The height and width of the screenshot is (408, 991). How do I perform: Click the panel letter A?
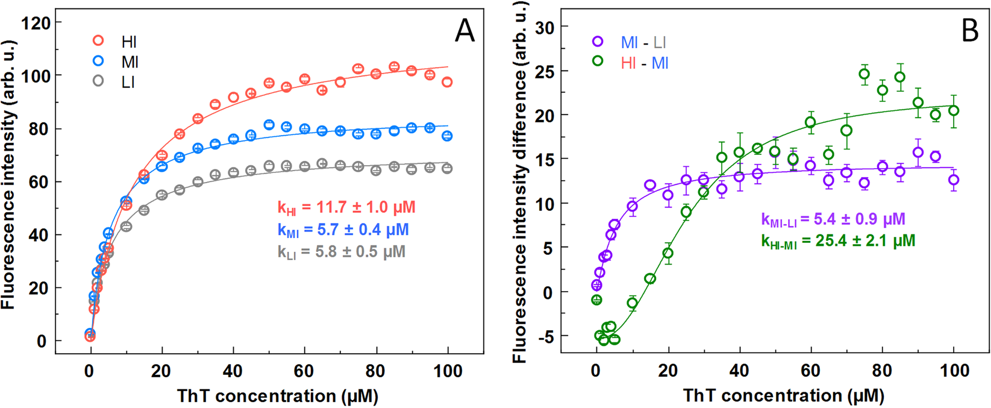pos(464,31)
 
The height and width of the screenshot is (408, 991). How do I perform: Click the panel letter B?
pos(969,31)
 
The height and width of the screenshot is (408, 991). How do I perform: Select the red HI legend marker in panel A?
pos(98,40)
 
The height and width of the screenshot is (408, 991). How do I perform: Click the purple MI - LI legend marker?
pos(598,42)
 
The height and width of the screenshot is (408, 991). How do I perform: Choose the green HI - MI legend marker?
pos(598,61)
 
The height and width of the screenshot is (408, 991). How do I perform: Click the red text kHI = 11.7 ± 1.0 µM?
pos(346,208)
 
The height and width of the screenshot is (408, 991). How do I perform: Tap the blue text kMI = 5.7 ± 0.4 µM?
pos(343,230)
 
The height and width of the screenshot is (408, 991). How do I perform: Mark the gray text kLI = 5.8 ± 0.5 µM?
pos(341,251)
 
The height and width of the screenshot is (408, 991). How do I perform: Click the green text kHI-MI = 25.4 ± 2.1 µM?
pos(838,241)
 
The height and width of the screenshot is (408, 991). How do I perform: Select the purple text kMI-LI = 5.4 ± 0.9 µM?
pos(833,220)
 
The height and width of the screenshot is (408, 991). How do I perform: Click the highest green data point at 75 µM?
pos(864,75)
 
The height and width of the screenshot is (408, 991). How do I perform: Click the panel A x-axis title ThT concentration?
pos(278,396)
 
